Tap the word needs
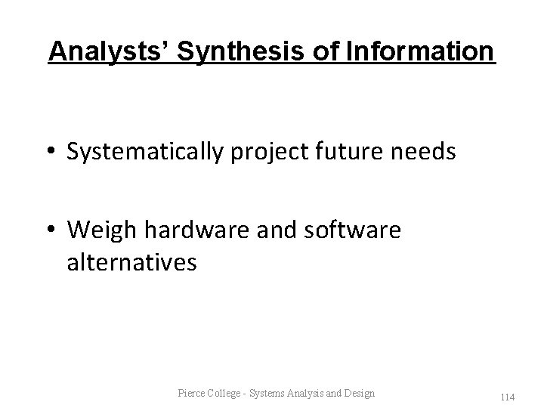click(424, 153)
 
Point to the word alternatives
click(132, 263)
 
